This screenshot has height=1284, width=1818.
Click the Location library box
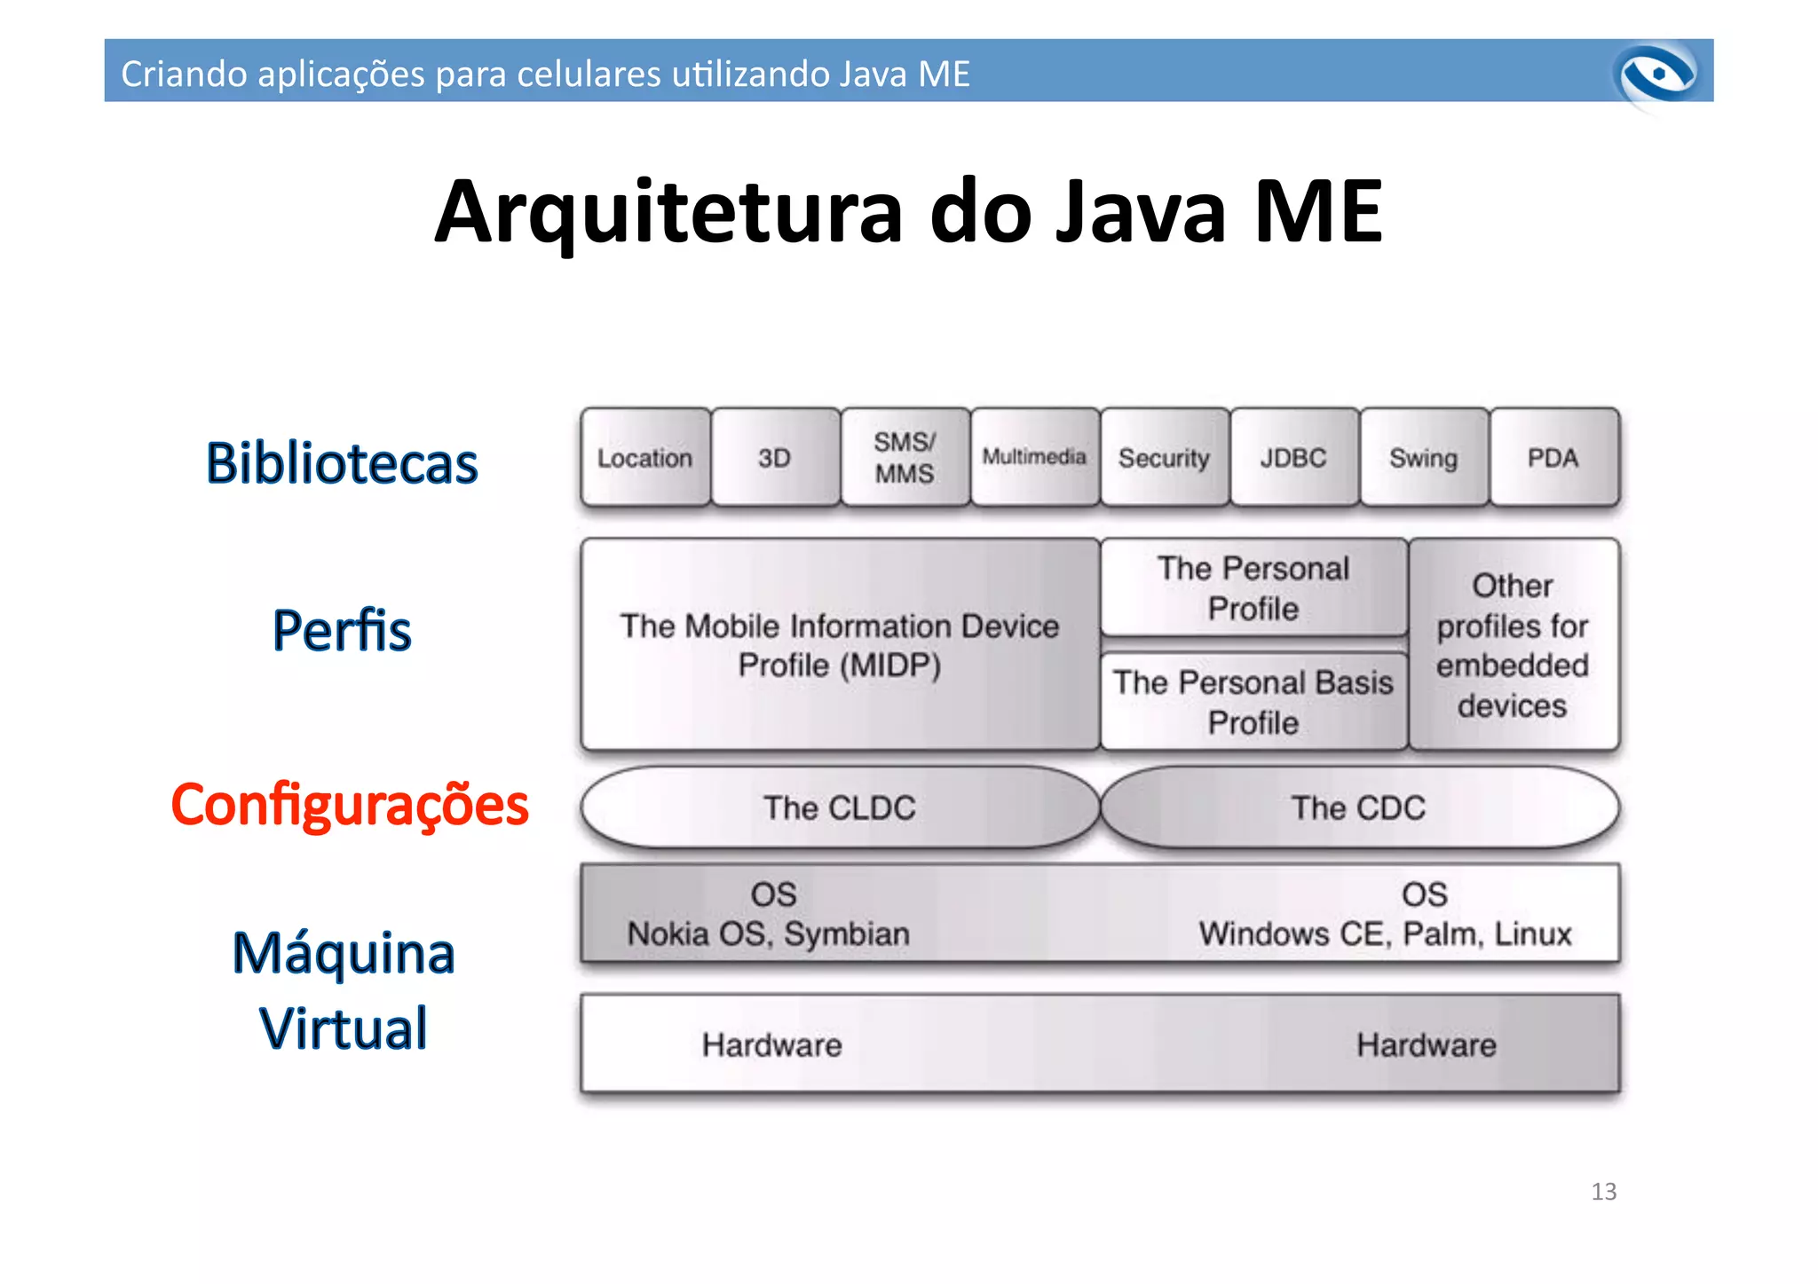click(645, 458)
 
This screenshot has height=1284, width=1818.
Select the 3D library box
click(775, 458)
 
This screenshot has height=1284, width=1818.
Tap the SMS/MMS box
click(905, 458)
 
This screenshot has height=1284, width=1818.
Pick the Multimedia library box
click(1034, 457)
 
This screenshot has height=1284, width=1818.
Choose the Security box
click(1164, 458)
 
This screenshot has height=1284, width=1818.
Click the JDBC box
click(1293, 458)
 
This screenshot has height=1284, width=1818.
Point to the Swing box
click(1423, 458)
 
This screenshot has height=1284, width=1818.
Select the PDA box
click(1553, 458)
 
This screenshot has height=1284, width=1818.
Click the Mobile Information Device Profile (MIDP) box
click(840, 645)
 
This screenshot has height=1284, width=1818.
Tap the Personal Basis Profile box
click(1253, 702)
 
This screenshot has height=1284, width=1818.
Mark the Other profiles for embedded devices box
click(1514, 645)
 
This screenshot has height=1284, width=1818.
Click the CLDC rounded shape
click(840, 807)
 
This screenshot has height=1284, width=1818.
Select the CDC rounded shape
click(1359, 807)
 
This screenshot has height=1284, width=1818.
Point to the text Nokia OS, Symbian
click(769, 933)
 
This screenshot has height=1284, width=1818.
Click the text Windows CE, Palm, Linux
click(1385, 933)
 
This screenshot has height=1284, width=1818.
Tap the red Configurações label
click(350, 805)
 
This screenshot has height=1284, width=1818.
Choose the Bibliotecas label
click(342, 463)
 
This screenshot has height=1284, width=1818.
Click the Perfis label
click(342, 630)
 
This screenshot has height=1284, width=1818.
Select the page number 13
click(1603, 1191)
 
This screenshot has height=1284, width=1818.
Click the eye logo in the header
click(1656, 74)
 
